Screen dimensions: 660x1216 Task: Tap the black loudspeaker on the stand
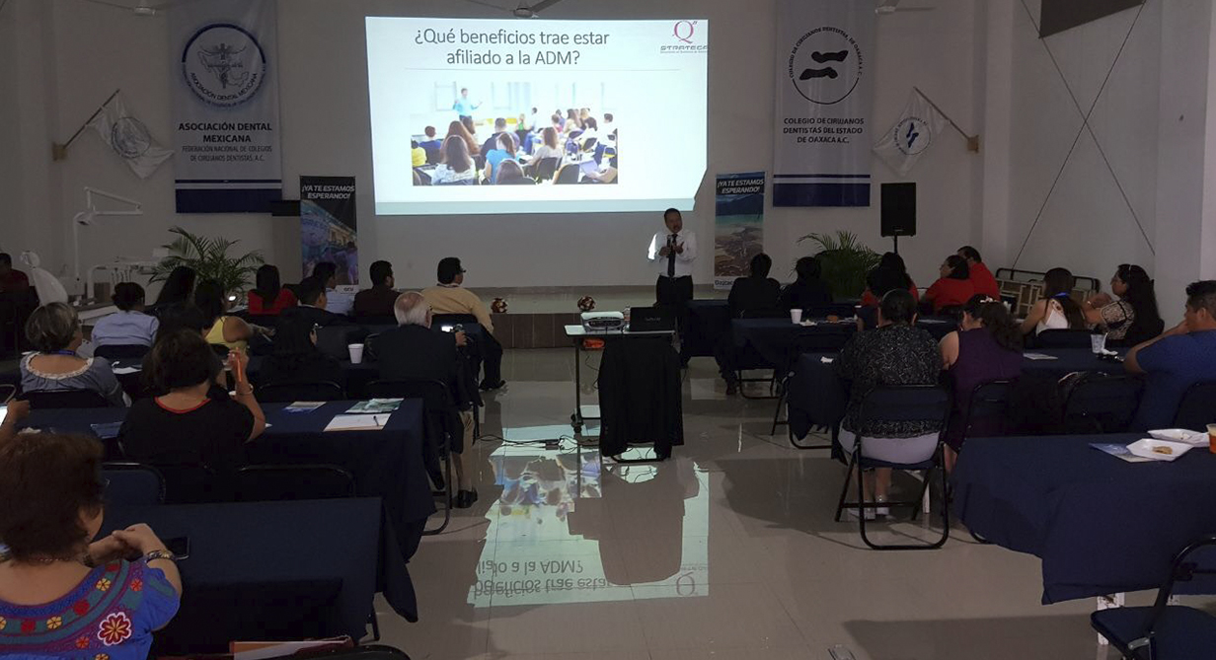(897, 208)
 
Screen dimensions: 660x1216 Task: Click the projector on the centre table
(602, 321)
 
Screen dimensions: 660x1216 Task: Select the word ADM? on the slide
(557, 58)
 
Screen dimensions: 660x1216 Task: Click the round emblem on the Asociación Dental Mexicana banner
(222, 65)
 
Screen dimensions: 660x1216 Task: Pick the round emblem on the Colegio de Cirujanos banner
(824, 64)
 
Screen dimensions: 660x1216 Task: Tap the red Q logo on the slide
(683, 31)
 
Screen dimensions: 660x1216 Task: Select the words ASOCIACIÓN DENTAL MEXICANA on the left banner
(225, 132)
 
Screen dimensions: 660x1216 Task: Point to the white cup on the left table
(355, 352)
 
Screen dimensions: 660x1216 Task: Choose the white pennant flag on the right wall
(909, 136)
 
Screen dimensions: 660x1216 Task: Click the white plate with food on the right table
(1160, 449)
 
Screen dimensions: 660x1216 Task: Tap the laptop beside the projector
(652, 319)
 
